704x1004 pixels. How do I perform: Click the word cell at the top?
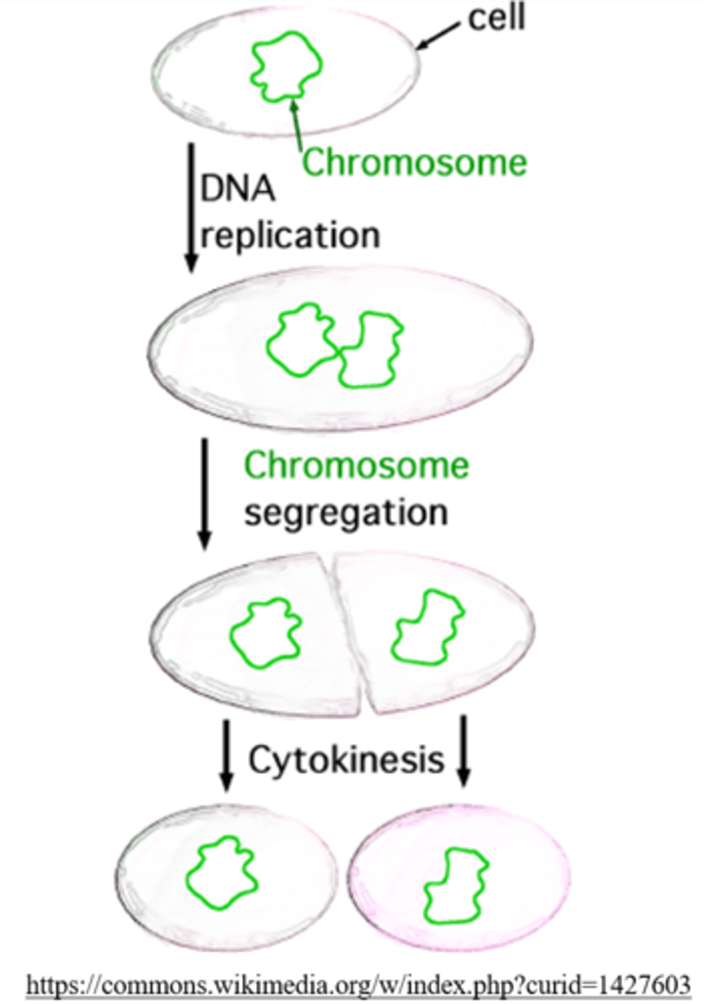pyautogui.click(x=496, y=18)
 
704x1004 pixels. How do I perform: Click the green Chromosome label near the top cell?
pyautogui.click(x=415, y=161)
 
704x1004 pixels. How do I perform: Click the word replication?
pyautogui.click(x=290, y=235)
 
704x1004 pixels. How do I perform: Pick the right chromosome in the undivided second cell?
pyautogui.click(x=370, y=350)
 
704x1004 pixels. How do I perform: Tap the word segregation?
pyautogui.click(x=345, y=510)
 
